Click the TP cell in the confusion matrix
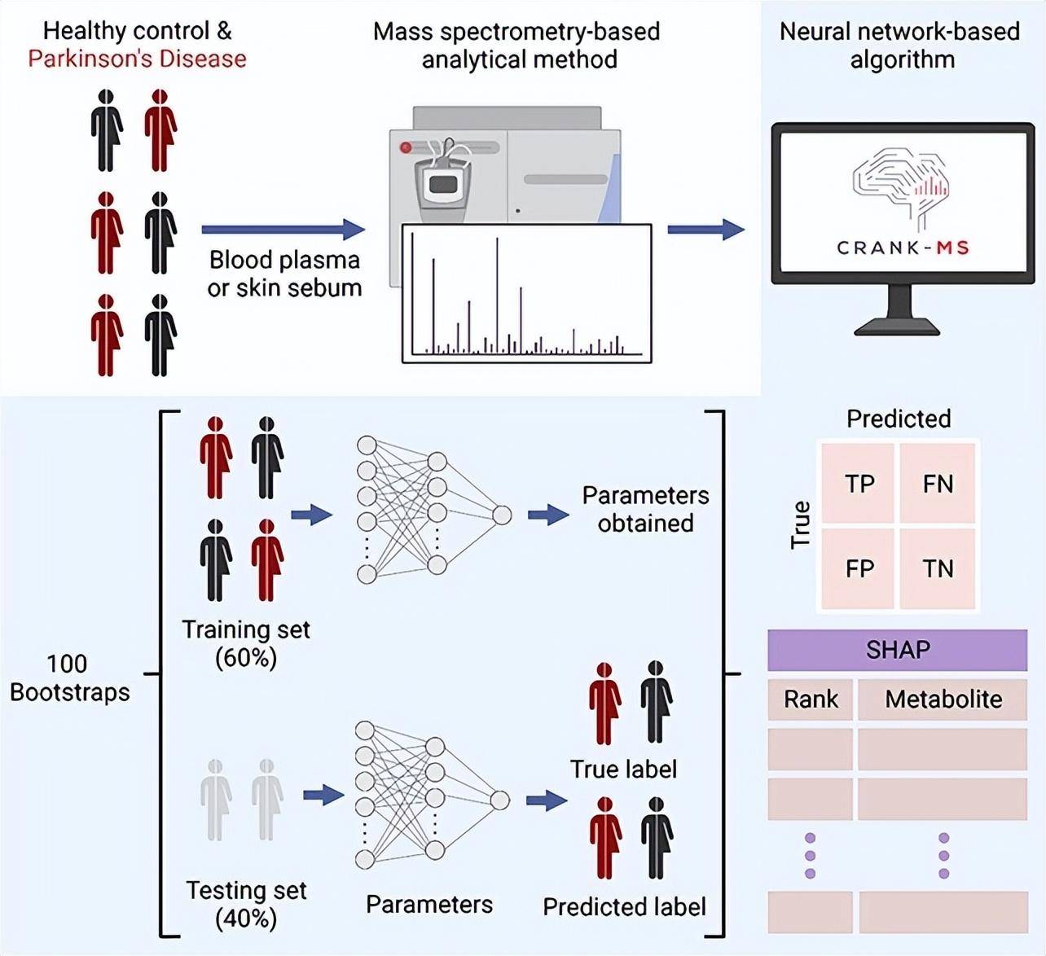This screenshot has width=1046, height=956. click(859, 484)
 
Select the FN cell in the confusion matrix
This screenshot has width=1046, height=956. click(937, 484)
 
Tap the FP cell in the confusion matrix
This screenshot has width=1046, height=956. click(859, 568)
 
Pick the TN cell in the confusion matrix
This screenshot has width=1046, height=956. click(937, 568)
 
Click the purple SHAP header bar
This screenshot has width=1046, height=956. click(897, 650)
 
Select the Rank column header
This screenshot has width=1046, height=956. click(811, 699)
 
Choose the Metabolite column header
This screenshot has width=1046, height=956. click(943, 699)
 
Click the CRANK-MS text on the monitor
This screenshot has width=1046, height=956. click(903, 248)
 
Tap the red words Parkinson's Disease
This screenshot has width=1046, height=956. click(137, 59)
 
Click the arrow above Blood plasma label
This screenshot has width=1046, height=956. click(283, 230)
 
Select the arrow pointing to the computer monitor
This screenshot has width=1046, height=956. click(705, 230)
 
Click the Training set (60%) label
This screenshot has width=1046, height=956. click(246, 642)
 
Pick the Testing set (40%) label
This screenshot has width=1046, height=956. click(246, 904)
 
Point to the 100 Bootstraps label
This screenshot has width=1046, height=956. click(69, 678)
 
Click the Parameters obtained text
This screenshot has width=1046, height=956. click(645, 509)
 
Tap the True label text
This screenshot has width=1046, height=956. click(623, 769)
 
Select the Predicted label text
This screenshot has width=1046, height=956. click(624, 906)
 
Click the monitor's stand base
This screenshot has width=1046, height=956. click(897, 327)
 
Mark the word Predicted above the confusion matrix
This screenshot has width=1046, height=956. click(899, 419)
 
